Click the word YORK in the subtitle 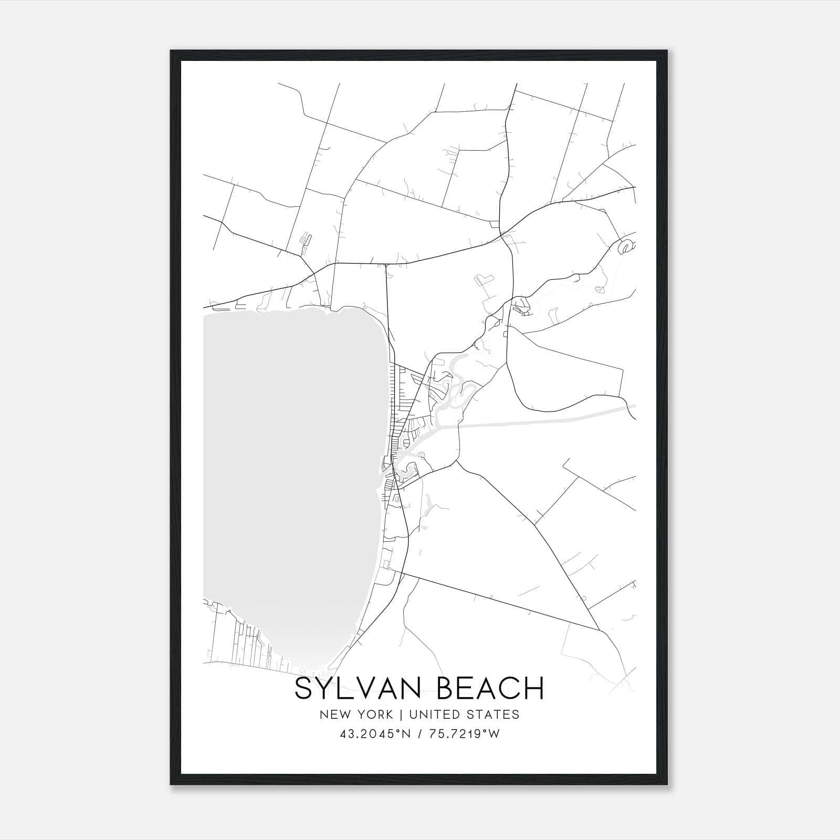[374, 715]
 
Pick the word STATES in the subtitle [494, 715]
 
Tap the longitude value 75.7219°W [463, 734]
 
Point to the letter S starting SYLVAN [304, 688]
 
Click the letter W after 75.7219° [494, 734]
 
